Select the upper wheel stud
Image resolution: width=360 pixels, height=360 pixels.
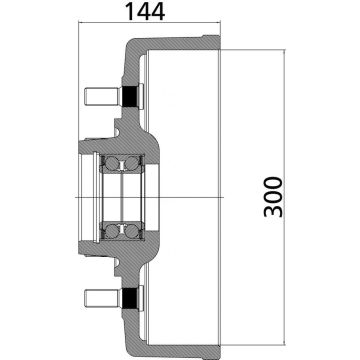(x=99, y=97)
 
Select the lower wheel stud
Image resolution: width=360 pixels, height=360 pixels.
(x=99, y=297)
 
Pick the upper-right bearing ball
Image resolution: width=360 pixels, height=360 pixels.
(x=130, y=164)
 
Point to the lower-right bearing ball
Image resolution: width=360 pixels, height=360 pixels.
(x=130, y=232)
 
